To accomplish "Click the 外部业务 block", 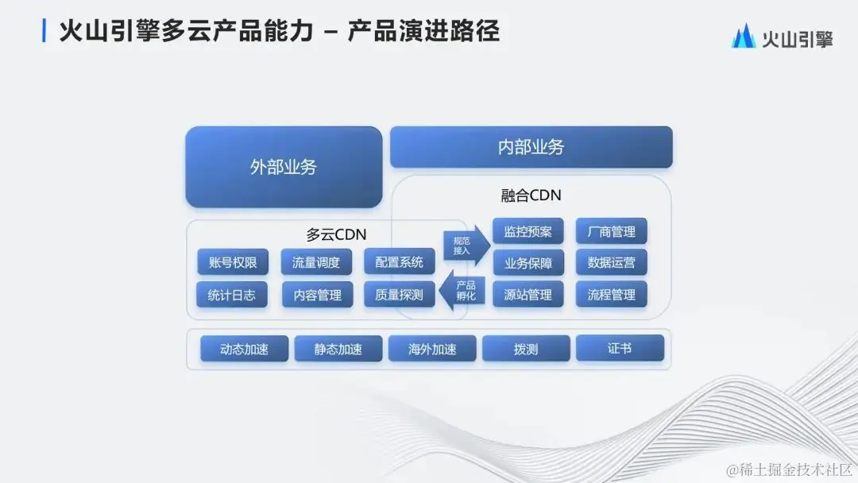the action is [x=284, y=167].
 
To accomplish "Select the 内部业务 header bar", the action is [x=531, y=147].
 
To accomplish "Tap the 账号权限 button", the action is [x=233, y=262].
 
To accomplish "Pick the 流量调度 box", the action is [x=316, y=262].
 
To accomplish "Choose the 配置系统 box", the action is [x=400, y=262].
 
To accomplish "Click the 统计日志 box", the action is [x=232, y=295].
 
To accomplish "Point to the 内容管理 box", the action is [x=317, y=295].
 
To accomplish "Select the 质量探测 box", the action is [x=400, y=295].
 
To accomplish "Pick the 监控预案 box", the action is [x=528, y=232].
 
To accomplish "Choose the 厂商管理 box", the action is [x=612, y=232].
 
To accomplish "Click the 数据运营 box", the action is [x=612, y=262].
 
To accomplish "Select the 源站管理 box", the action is [x=528, y=295].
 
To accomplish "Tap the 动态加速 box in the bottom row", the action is [x=244, y=349].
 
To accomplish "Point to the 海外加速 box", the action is [x=432, y=349].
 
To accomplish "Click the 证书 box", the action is [x=620, y=348].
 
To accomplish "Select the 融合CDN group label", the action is [x=531, y=195].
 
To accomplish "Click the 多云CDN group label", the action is [x=337, y=234].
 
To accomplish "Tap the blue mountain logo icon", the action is [x=743, y=37].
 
